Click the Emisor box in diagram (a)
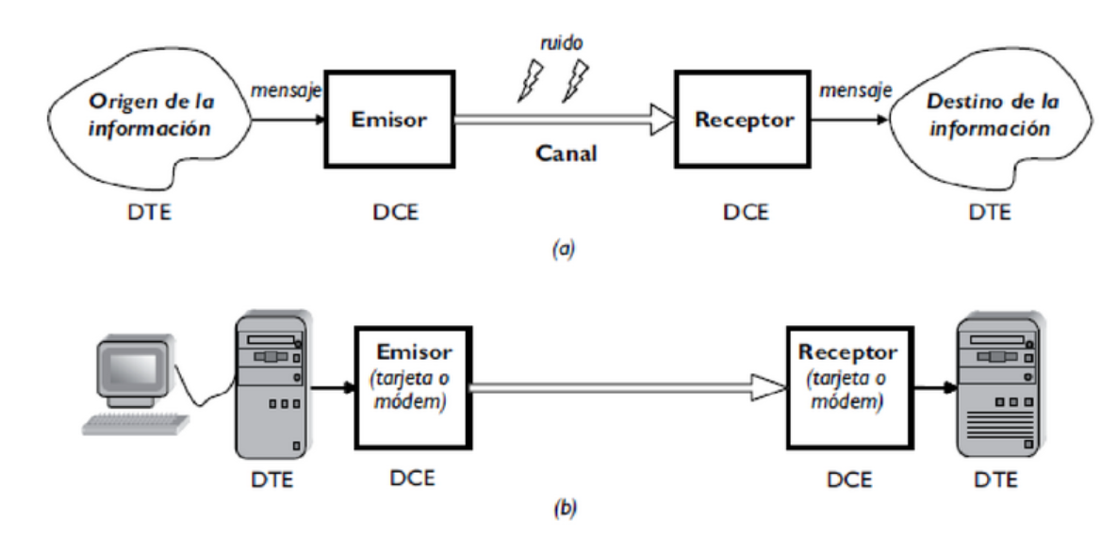388,120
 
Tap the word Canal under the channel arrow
567,153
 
